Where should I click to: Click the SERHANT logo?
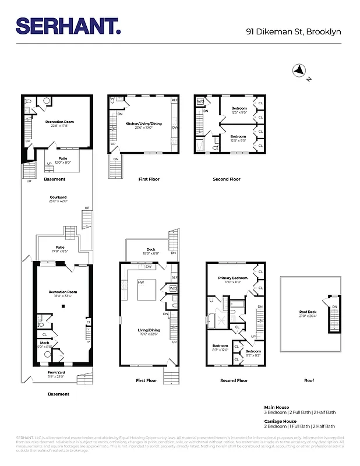point(68,26)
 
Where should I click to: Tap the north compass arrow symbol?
point(300,70)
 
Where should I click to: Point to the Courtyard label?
point(58,197)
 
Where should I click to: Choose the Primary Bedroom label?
point(232,278)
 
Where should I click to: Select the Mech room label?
point(45,343)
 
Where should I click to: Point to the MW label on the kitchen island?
point(141,283)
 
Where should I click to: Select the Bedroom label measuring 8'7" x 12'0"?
point(220,346)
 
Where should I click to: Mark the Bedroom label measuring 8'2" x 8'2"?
point(253,351)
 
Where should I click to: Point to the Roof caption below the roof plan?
point(309,380)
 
